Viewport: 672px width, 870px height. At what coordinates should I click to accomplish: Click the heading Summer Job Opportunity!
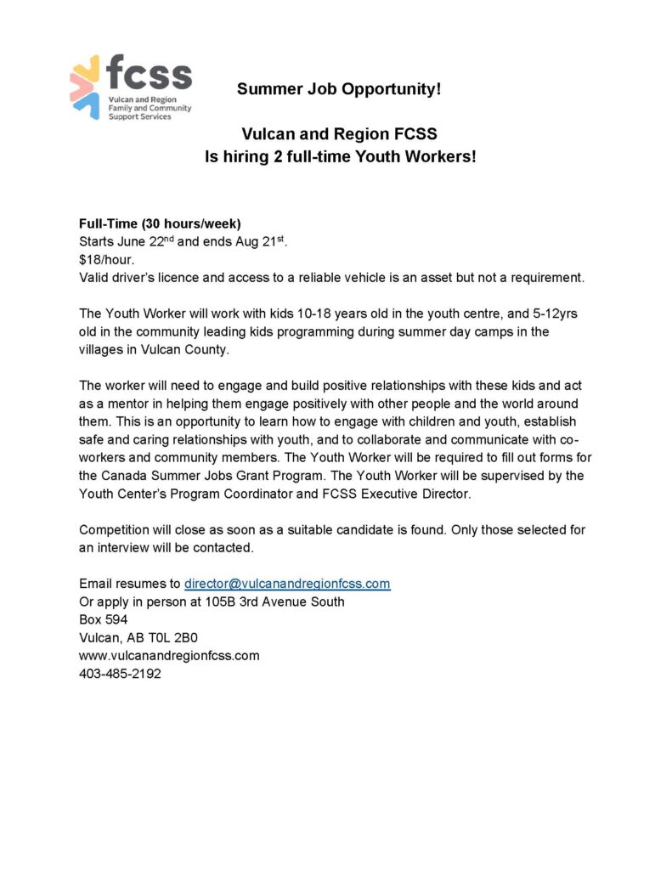(x=339, y=89)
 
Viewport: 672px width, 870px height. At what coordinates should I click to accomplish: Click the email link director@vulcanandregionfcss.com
(x=287, y=584)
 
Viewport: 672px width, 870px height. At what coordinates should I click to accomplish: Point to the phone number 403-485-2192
(x=120, y=674)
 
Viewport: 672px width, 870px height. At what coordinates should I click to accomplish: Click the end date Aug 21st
(x=260, y=241)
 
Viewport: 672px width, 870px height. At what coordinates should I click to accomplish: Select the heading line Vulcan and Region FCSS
(x=339, y=134)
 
